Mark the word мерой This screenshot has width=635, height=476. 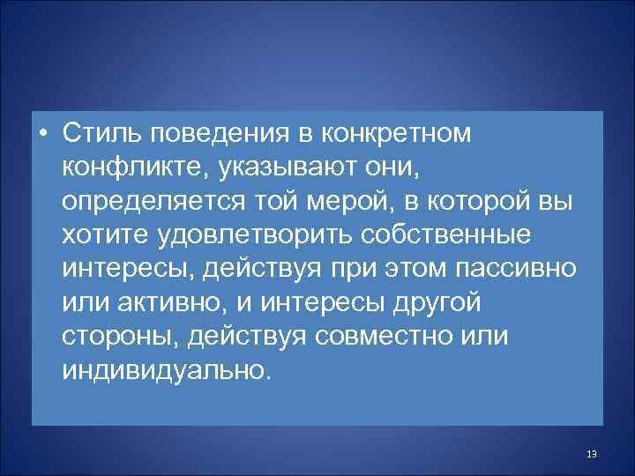click(345, 202)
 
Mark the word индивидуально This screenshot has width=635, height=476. click(162, 369)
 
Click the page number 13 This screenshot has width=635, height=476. click(591, 454)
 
